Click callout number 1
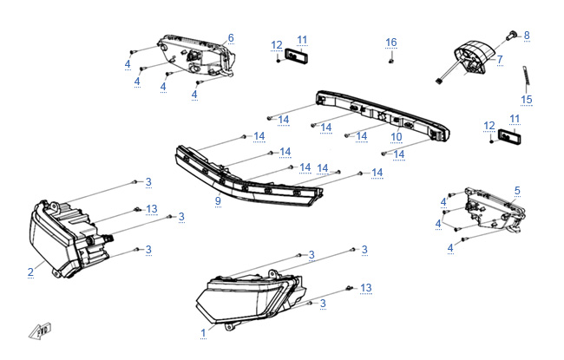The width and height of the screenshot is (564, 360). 203,331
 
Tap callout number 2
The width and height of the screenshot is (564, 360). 30,272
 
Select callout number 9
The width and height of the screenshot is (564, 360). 218,201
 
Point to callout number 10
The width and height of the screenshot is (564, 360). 397,136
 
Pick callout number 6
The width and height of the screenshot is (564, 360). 232,38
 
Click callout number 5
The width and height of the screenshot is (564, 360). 517,190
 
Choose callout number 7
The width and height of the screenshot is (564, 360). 500,59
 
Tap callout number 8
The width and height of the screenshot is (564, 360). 526,35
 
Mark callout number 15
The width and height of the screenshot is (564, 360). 526,100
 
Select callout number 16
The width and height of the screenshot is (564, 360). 391,43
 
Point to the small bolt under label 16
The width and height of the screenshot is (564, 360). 391,59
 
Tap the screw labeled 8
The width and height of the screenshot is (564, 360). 510,35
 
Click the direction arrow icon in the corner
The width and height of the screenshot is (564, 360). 39,331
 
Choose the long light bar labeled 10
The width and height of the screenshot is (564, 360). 382,115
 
